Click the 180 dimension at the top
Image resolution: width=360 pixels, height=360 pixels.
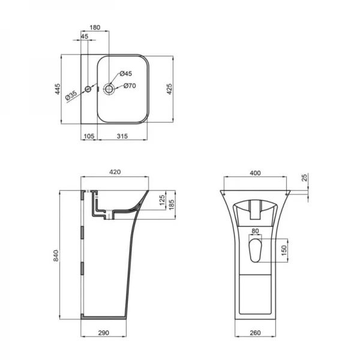95,27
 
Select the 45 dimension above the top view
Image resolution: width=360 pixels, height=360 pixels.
84,37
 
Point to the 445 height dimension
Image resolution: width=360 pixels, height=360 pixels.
58,89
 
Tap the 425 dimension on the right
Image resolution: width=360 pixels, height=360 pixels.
170,89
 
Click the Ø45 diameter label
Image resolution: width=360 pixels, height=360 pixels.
126,73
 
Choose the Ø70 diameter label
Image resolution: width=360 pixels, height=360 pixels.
130,86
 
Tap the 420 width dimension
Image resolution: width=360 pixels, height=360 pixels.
115,172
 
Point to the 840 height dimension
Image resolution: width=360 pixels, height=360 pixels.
56,256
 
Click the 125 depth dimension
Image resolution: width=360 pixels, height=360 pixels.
161,200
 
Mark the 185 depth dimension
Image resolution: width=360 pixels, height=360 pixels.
172,205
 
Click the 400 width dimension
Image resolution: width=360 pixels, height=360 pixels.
255,173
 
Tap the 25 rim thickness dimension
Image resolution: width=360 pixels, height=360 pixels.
305,178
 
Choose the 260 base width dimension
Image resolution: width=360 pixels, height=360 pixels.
255,331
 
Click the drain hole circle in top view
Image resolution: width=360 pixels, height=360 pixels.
110,89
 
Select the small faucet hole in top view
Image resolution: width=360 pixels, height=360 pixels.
88,89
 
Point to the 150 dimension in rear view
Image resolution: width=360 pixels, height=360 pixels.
284,249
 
